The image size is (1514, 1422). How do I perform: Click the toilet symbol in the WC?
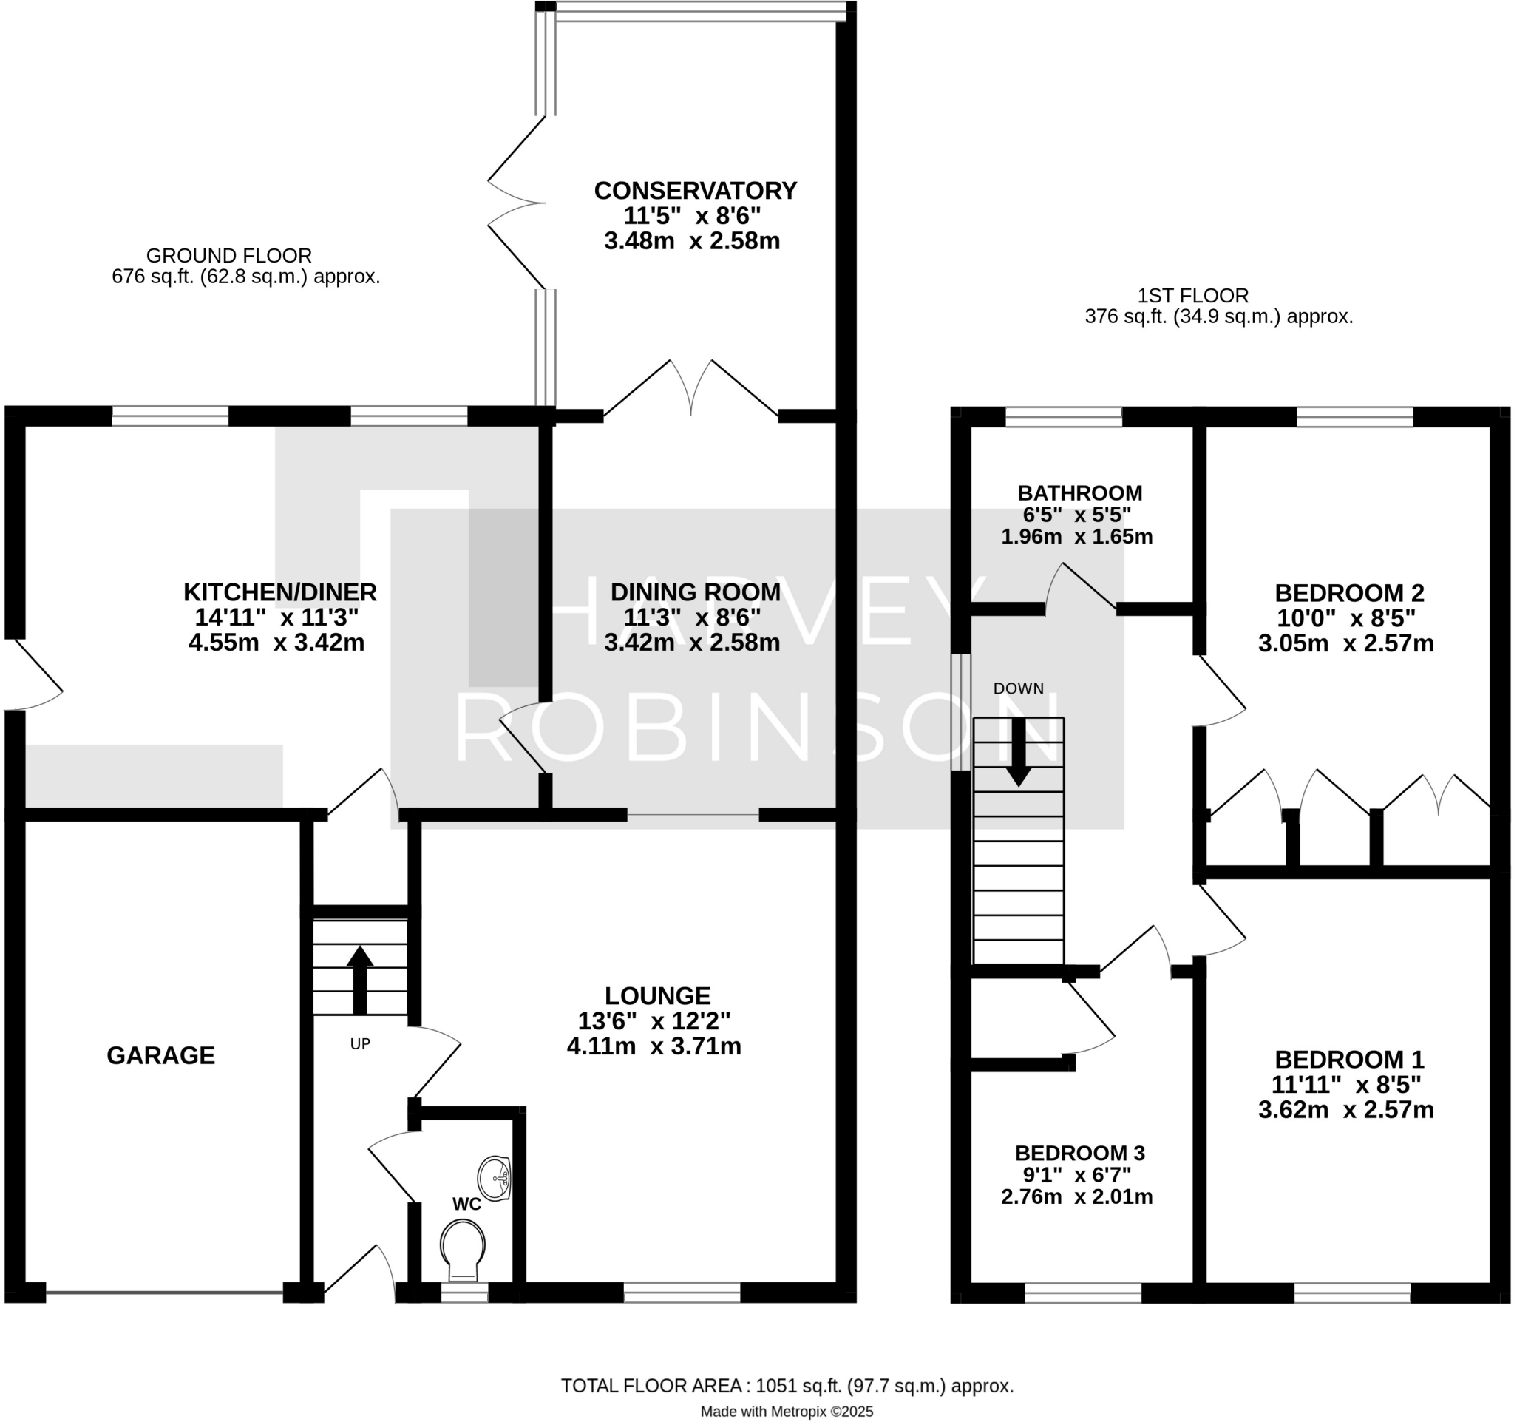pos(462,1250)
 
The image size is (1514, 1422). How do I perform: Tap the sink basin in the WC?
pos(495,1179)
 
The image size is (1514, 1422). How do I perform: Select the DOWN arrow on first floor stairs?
pos(1018,752)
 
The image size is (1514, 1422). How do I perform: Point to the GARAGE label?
pos(160,1056)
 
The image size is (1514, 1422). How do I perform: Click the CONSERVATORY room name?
pos(695,190)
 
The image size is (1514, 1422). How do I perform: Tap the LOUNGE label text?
pos(657,995)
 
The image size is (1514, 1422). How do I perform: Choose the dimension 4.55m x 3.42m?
pos(276,643)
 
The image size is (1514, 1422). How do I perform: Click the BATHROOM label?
pos(1079,492)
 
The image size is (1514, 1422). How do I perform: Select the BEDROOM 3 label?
pos(1079,1153)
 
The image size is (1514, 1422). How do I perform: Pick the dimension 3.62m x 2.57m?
pos(1345,1110)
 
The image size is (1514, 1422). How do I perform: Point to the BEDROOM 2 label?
pos(1348,592)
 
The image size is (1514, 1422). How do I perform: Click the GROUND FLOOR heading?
pos(228,256)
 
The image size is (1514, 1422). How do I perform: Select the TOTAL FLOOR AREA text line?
pos(787,1387)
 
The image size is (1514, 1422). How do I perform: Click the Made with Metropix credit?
pos(787,1412)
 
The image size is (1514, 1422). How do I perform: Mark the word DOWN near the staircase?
pos(1018,688)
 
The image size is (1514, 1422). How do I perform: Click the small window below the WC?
pos(464,1293)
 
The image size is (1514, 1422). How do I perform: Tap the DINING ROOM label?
pos(695,592)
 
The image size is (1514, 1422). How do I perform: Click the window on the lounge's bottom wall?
pos(682,1293)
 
